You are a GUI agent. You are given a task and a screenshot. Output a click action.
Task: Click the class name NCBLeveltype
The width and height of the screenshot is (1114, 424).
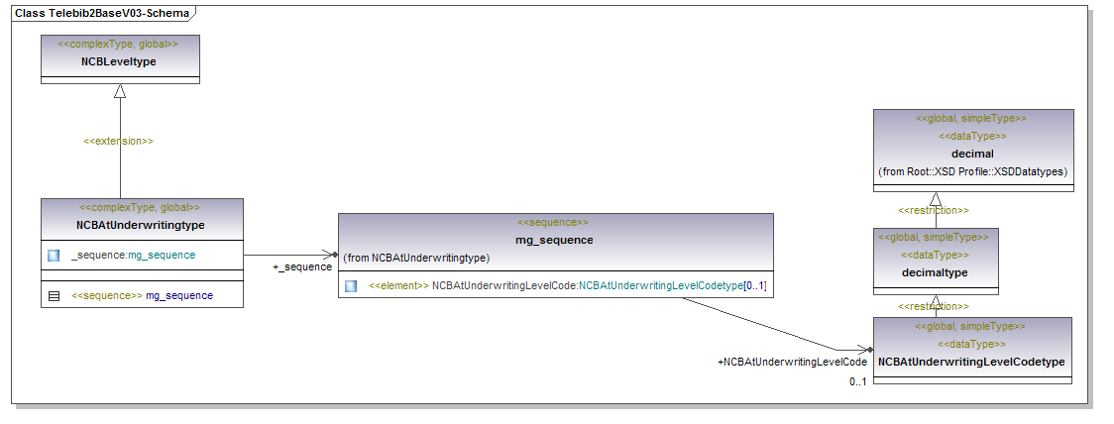pos(119,62)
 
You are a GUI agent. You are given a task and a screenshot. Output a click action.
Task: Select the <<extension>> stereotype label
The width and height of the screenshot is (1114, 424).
pos(118,141)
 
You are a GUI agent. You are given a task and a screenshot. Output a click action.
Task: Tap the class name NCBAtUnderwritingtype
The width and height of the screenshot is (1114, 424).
pos(141,225)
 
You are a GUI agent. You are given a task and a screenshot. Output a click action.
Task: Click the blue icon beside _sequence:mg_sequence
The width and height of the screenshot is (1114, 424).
pos(54,256)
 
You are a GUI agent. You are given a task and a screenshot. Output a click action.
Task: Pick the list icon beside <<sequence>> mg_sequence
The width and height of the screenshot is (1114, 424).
pos(54,295)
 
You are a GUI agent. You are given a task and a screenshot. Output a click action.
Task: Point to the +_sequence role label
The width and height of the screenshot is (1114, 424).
pos(302,267)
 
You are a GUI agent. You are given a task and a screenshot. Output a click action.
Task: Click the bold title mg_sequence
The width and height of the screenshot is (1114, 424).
pos(554,240)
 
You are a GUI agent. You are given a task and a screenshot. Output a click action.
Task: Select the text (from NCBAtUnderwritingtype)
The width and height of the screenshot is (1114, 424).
pos(416,258)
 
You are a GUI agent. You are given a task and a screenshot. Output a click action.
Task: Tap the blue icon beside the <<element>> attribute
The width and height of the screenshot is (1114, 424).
pos(351,286)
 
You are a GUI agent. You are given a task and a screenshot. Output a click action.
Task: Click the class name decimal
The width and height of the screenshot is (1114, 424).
pos(972,154)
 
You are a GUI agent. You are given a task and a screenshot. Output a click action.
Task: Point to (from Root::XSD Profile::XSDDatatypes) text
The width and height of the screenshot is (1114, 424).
pos(972,171)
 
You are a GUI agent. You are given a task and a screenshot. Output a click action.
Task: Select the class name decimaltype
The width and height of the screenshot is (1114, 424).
pos(935,272)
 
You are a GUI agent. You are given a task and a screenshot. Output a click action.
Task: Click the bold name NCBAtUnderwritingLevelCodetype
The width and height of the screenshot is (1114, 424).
pos(972,362)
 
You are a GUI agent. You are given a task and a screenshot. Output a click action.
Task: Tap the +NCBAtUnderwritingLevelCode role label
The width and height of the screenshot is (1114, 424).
pos(792,362)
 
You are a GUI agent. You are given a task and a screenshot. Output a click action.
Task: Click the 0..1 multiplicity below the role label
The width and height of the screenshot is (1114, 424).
pos(857,382)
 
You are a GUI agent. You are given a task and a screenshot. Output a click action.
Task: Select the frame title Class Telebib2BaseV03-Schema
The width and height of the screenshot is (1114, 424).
pos(102,12)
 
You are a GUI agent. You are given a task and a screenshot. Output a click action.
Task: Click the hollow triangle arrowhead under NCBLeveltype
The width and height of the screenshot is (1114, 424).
pos(120,91)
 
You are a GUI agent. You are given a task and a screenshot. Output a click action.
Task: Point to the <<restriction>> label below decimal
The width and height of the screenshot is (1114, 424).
pos(934,210)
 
